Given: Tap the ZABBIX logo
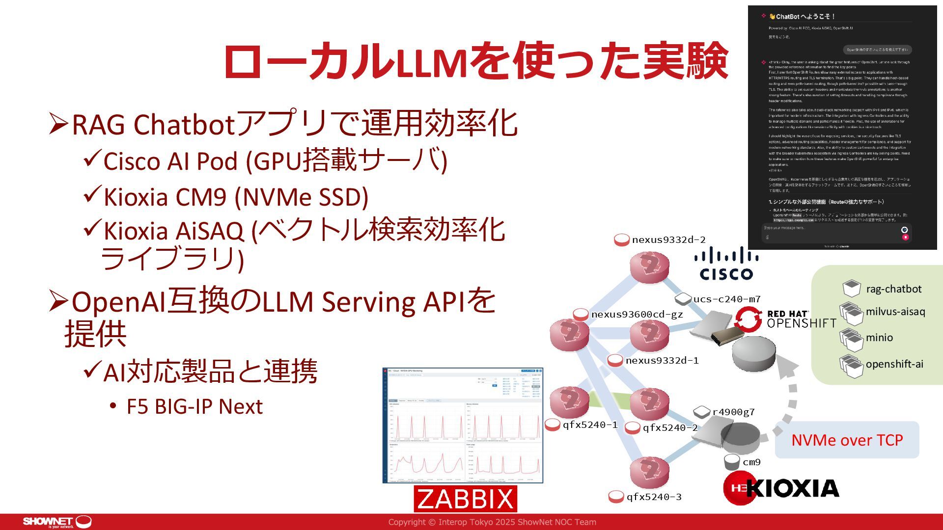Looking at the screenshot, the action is pos(465,499).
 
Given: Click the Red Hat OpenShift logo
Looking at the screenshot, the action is pos(786,318).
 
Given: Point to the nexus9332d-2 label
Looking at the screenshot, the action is pos(668,240).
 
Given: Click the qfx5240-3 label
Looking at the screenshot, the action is pos(654,497).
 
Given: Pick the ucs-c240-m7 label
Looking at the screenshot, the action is pos(727,299).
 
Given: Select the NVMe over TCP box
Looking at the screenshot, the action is pos(847,440).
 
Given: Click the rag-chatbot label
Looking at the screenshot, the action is pos(893,289).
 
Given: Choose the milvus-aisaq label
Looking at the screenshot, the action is pos(895,312).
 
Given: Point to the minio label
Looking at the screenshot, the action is pos(879,338).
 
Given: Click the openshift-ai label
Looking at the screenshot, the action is pos(894,364).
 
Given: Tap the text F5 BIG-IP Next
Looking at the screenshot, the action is pos(194,407).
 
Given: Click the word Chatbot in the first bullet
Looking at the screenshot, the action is pos(185,125).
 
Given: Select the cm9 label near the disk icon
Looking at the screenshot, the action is pos(751,462).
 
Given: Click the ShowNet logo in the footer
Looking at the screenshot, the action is pos(57,522).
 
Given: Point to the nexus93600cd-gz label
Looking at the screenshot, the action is pos(637,315).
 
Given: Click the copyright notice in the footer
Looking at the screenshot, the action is pos(492,522).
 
